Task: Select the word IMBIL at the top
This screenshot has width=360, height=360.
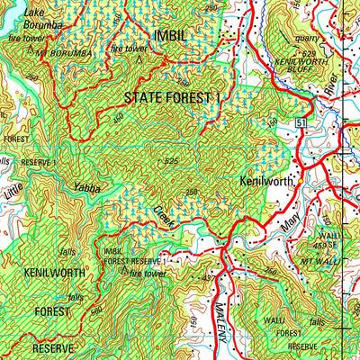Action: coord(172,35)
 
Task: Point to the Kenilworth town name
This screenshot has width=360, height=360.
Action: coord(267,181)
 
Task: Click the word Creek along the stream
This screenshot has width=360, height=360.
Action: coord(165,215)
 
